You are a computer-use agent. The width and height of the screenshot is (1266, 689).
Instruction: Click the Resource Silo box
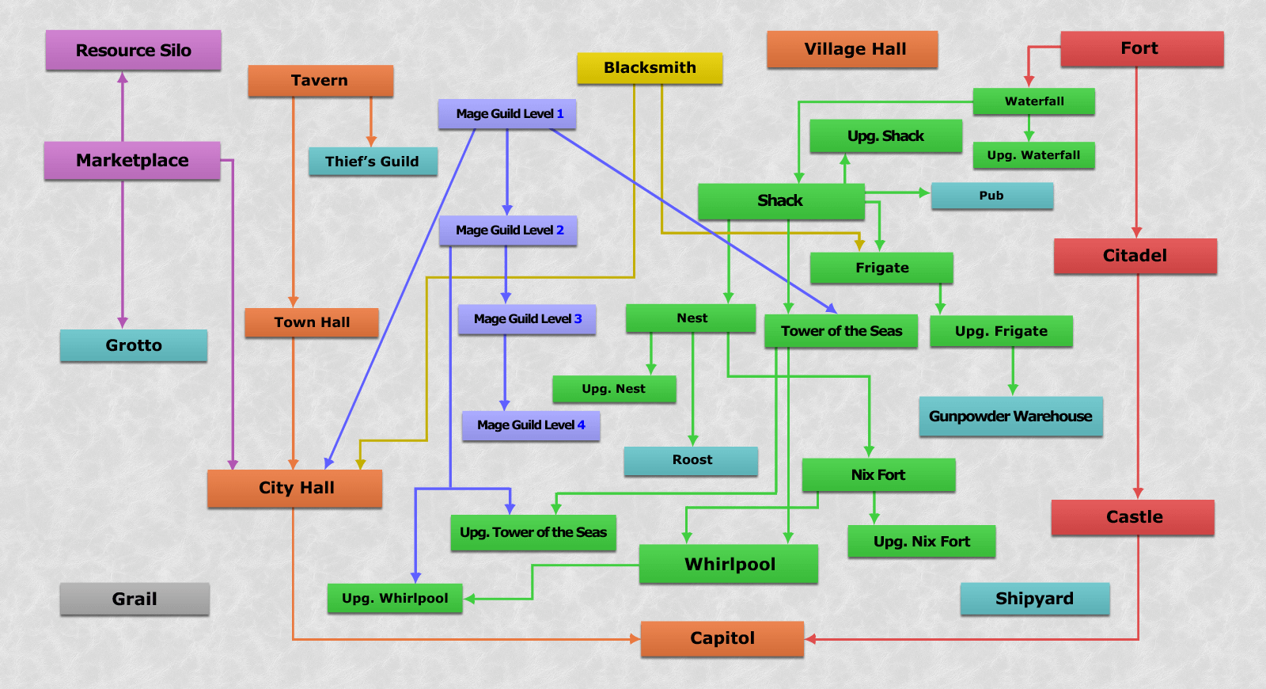pyautogui.click(x=134, y=51)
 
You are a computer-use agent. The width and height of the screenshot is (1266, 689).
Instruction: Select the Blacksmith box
pyautogui.click(x=650, y=68)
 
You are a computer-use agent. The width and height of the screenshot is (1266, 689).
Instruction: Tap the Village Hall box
pyautogui.click(x=852, y=49)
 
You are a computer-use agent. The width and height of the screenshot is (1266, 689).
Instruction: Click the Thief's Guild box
pyautogui.click(x=373, y=162)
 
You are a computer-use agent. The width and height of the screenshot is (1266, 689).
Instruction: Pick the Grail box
pyautogui.click(x=135, y=599)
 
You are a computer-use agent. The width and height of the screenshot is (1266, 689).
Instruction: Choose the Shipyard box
pyautogui.click(x=1035, y=599)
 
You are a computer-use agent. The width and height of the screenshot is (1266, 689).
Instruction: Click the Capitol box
pyautogui.click(x=722, y=638)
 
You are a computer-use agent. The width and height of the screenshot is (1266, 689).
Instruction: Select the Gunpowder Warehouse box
pyautogui.click(x=1010, y=417)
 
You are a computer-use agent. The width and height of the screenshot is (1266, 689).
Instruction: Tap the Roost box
pyautogui.click(x=692, y=460)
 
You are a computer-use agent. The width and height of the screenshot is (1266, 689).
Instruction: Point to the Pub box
pyautogui.click(x=992, y=196)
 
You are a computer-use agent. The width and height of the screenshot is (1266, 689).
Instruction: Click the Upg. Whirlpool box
pyautogui.click(x=395, y=599)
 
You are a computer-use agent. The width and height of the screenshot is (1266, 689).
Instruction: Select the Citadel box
pyautogui.click(x=1135, y=257)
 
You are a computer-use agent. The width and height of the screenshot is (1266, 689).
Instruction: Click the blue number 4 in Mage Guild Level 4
pyautogui.click(x=581, y=424)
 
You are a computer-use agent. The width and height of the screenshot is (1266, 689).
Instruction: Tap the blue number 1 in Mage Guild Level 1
pyautogui.click(x=560, y=114)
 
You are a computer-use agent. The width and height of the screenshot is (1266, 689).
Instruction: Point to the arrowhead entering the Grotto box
pyautogui.click(x=123, y=323)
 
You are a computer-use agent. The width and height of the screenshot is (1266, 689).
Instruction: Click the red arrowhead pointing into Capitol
pyautogui.click(x=810, y=638)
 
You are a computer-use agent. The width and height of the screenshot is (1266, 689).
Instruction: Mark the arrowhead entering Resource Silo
pyautogui.click(x=123, y=78)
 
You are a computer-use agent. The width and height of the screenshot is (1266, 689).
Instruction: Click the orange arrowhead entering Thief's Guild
pyautogui.click(x=371, y=142)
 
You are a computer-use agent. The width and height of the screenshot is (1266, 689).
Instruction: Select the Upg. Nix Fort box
pyautogui.click(x=922, y=542)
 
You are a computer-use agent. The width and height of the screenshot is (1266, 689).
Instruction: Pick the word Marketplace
pyautogui.click(x=132, y=161)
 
